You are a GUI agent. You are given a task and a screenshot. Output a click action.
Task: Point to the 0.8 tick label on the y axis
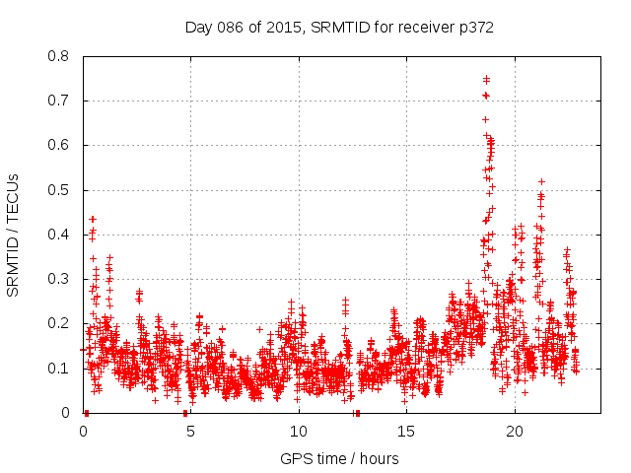tap(59, 56)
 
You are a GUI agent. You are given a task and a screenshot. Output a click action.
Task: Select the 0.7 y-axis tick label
tap(59, 101)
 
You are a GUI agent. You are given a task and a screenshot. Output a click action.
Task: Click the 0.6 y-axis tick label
tap(59, 145)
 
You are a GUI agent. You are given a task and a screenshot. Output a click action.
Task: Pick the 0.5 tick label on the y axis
tap(59, 190)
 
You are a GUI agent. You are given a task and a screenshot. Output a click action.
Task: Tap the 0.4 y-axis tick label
tap(59, 235)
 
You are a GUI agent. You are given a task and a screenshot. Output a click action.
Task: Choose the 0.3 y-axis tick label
tap(59, 279)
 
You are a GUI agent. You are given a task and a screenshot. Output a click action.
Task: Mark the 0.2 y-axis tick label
tap(59, 323)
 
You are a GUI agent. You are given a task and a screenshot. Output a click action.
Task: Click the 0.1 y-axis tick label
tap(59, 369)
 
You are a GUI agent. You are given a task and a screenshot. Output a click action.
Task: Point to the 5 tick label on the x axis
tap(190, 432)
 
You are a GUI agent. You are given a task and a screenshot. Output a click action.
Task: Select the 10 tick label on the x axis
tap(298, 432)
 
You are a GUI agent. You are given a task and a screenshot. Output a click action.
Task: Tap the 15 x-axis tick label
tap(406, 432)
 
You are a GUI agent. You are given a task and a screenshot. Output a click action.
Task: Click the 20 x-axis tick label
tap(514, 432)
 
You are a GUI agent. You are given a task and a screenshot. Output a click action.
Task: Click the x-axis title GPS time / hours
tap(339, 458)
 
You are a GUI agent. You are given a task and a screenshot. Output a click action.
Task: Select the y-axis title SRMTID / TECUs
tap(14, 235)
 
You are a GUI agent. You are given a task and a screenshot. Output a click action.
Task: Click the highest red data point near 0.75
tap(486, 79)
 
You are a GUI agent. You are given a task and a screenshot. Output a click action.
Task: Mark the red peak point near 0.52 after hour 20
tap(541, 181)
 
